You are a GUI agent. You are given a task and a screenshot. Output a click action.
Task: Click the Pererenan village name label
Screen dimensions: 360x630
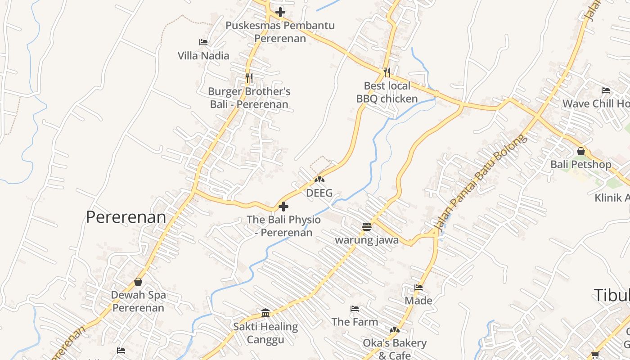pos(126,217)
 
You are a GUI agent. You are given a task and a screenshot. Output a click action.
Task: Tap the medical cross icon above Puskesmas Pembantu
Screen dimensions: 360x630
pos(280,12)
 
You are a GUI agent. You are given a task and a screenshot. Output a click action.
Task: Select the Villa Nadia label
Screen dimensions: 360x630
pos(203,56)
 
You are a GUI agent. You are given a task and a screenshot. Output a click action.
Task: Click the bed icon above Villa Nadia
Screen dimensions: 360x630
pos(203,42)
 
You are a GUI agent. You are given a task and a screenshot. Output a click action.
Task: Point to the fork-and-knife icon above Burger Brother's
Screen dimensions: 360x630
pos(249,78)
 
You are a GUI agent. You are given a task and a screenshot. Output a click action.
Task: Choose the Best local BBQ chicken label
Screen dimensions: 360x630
pos(387,92)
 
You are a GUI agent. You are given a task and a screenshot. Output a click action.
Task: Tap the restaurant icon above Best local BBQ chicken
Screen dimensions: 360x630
pos(387,72)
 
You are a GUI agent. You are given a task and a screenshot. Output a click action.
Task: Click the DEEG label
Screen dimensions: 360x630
pos(319,193)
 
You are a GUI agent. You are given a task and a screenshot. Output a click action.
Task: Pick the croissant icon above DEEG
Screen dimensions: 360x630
pos(319,180)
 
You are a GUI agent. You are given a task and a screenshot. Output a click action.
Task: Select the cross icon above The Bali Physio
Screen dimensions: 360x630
pos(283,207)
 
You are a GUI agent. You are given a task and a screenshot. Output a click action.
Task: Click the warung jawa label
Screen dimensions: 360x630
pos(367,240)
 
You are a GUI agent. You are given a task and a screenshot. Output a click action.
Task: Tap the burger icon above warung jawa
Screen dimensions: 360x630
pos(367,226)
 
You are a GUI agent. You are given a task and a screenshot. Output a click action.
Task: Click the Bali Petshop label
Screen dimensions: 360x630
pos(581,164)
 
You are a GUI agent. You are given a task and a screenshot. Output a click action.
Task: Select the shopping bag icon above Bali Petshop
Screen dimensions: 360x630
pos(581,151)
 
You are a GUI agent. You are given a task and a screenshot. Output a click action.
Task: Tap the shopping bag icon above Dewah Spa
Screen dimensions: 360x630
pos(138,282)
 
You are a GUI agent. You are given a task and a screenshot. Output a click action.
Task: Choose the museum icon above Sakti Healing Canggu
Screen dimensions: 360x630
pos(265,313)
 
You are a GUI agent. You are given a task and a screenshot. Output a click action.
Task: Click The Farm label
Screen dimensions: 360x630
pos(355,322)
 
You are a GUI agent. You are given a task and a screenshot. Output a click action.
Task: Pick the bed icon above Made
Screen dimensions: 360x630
pos(418,287)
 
